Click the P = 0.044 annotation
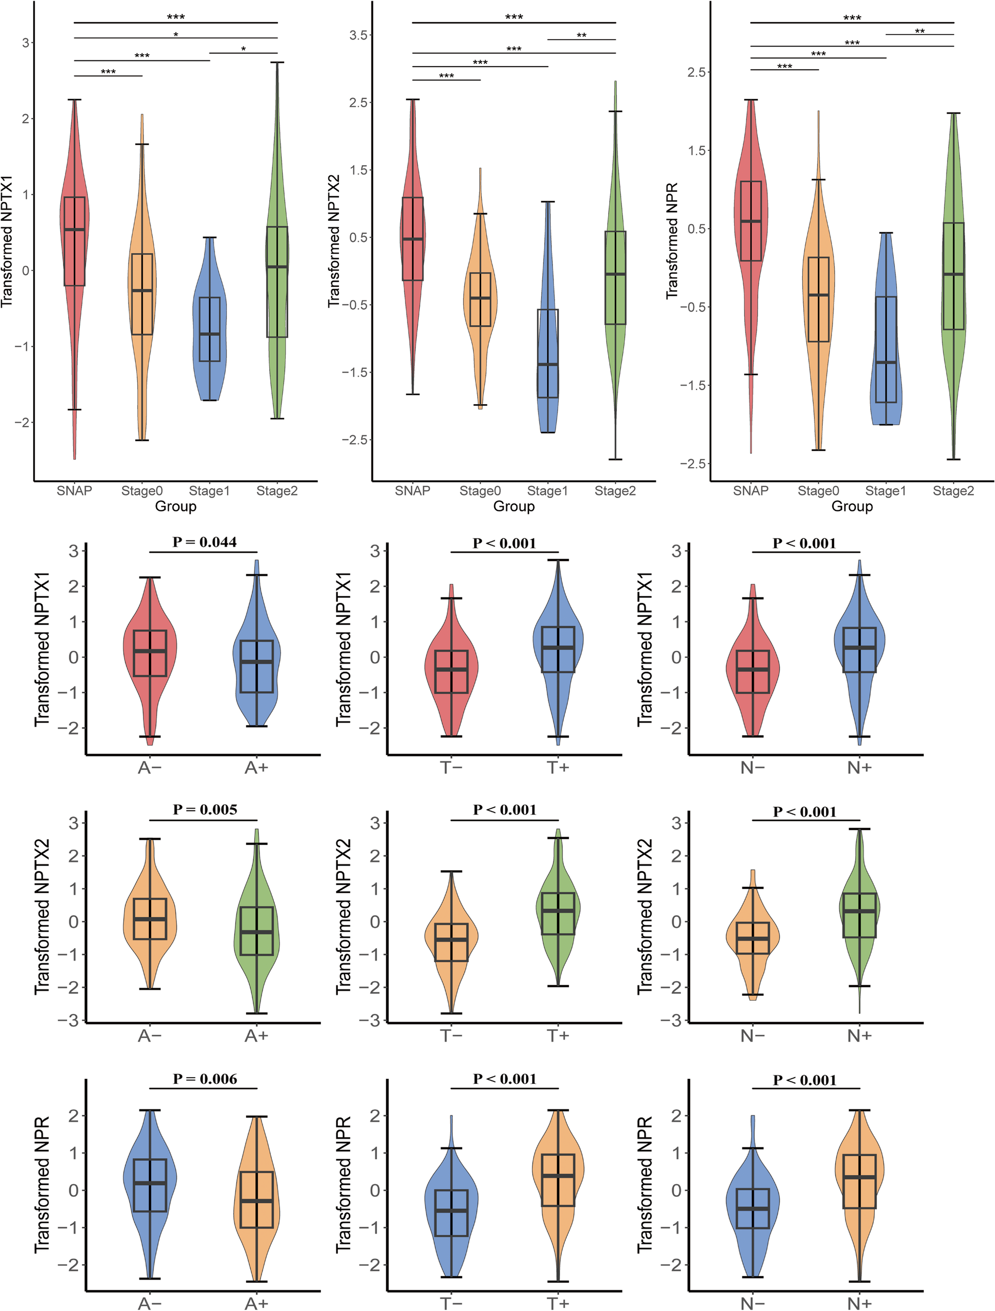[x=204, y=542]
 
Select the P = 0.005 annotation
[x=205, y=810]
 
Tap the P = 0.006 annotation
[x=205, y=1079]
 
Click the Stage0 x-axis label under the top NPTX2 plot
[x=480, y=491]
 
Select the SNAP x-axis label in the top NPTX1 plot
[x=74, y=491]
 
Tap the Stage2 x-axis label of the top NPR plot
[x=953, y=491]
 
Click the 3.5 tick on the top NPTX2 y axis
[x=358, y=35]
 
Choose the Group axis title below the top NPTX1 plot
[x=175, y=506]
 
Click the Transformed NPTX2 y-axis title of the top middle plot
[x=334, y=241]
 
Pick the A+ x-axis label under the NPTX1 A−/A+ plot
[x=256, y=768]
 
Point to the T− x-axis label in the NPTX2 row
[x=451, y=1036]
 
